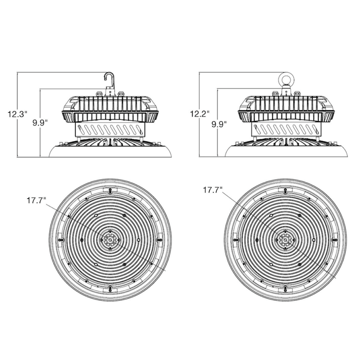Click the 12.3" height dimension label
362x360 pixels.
tap(16, 114)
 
